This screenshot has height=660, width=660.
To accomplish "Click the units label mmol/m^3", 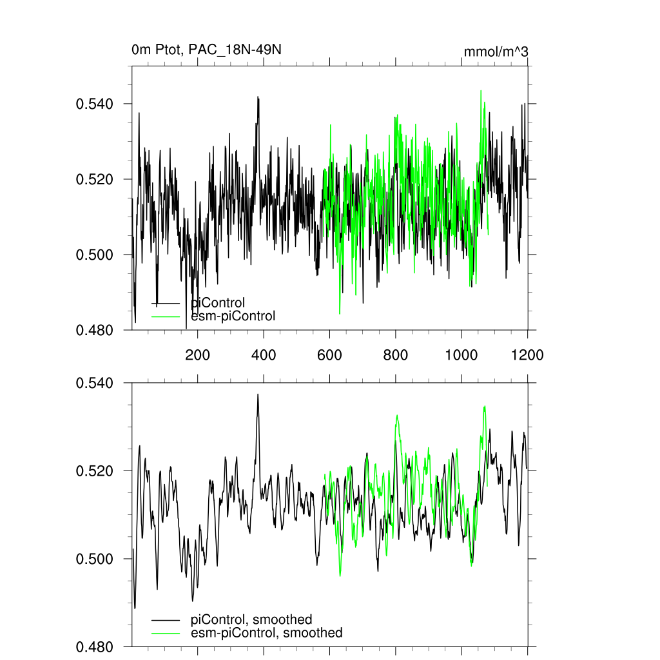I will [x=496, y=52].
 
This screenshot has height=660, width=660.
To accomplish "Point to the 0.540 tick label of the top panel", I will [x=95, y=104].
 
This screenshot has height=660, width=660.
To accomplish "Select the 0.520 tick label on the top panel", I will [x=95, y=179].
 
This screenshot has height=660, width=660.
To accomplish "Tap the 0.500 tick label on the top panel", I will [x=95, y=255].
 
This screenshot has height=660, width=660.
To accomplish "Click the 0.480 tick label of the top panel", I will [x=95, y=330].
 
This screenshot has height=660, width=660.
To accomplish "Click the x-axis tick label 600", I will [x=329, y=354].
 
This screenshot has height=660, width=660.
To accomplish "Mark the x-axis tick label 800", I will [x=395, y=354].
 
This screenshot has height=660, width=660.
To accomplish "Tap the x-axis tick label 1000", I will [x=461, y=354].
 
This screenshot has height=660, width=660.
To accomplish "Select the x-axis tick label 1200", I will [x=527, y=354].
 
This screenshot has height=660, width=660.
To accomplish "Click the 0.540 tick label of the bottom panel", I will [x=95, y=383].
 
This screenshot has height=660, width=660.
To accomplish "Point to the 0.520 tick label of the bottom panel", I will [x=95, y=471].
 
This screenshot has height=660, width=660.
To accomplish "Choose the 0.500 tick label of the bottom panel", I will [x=95, y=559].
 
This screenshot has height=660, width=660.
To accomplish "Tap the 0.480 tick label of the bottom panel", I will [x=95, y=646].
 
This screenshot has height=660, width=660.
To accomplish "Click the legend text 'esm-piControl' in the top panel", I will [x=233, y=316].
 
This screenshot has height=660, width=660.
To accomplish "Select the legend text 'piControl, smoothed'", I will [x=251, y=620].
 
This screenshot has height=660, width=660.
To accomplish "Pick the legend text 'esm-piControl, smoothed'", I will [x=267, y=633].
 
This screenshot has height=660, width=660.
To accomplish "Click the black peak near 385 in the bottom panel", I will [x=258, y=394].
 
